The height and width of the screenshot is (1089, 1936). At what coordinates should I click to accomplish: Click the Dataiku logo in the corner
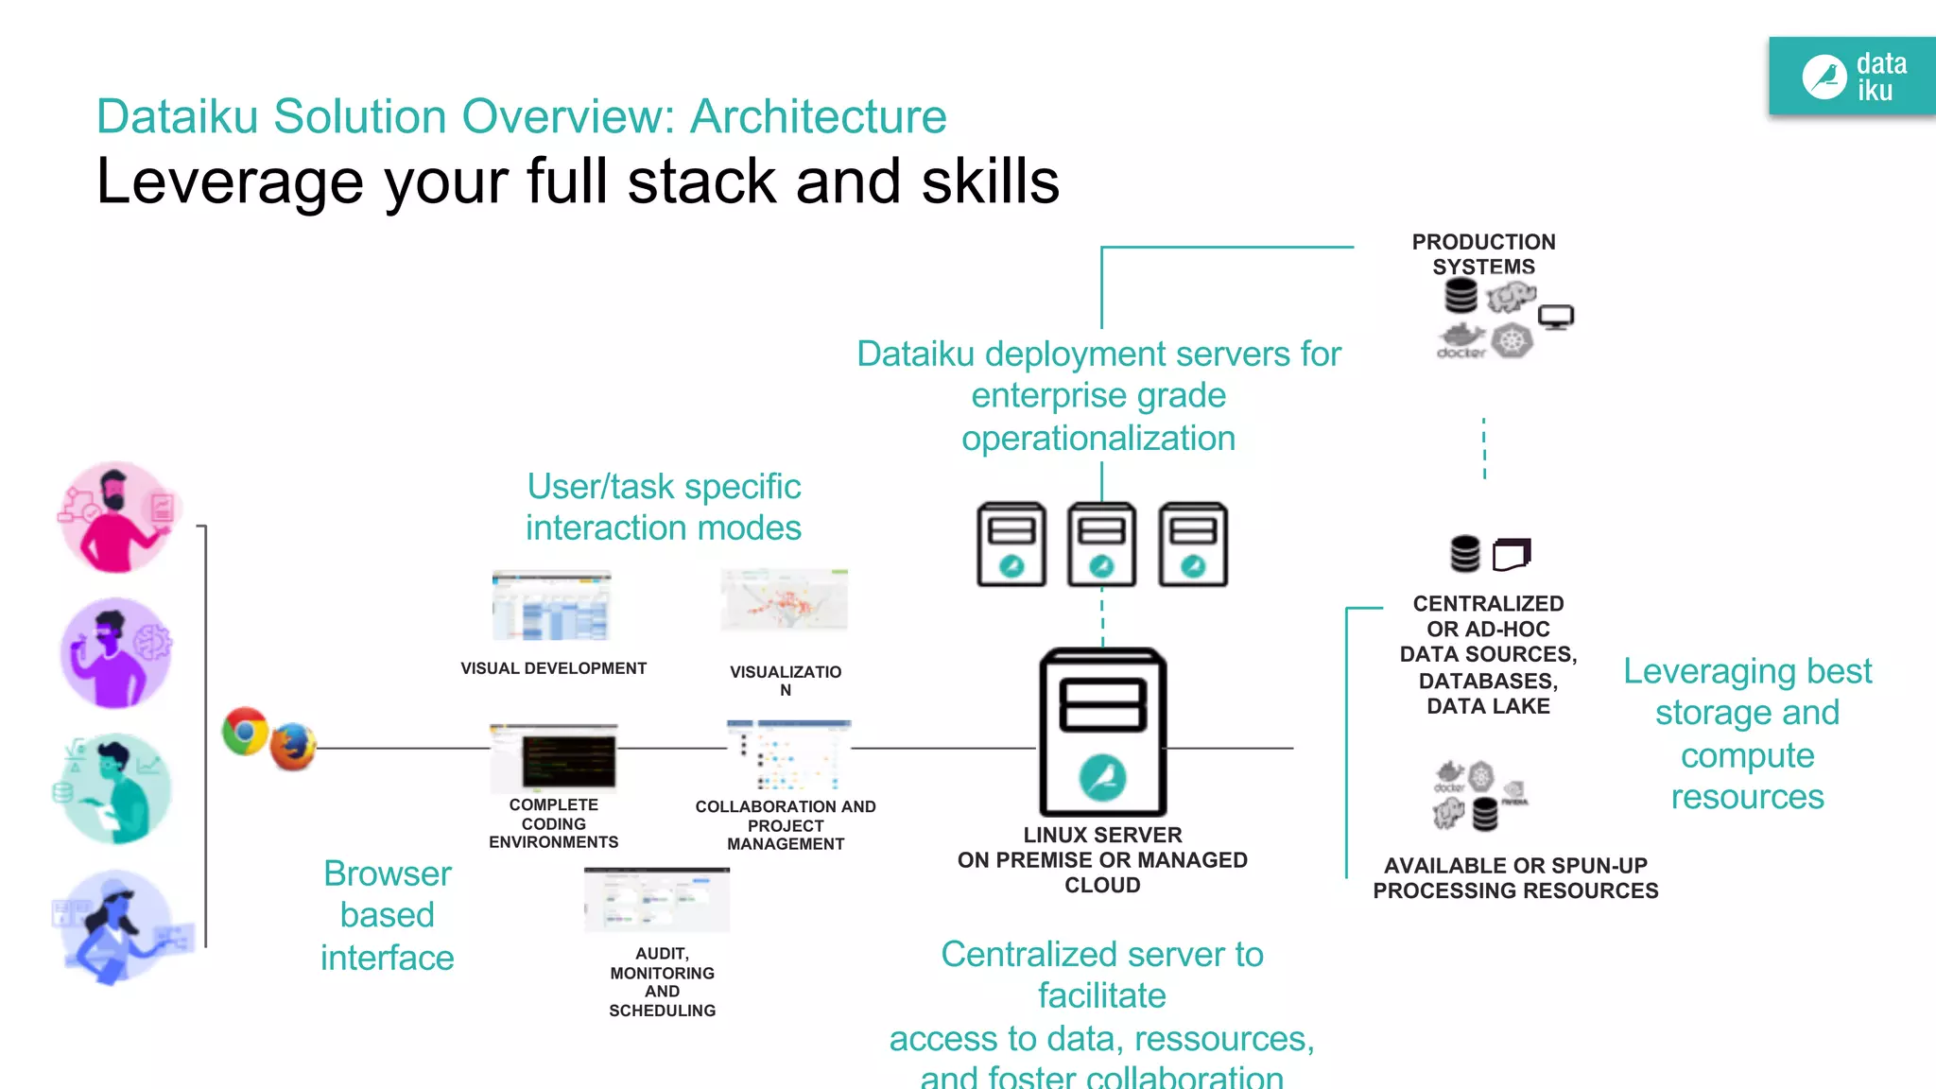click(1851, 78)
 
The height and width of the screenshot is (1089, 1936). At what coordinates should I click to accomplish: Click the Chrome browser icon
click(245, 731)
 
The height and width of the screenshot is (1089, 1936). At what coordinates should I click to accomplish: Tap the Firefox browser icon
click(293, 746)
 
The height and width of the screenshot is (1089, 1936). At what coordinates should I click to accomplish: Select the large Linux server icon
click(1102, 733)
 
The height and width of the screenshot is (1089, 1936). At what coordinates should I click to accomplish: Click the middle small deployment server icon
click(1101, 544)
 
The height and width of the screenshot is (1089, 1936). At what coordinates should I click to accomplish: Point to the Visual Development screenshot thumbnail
click(552, 607)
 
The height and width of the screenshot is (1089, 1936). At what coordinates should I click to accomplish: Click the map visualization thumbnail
click(785, 600)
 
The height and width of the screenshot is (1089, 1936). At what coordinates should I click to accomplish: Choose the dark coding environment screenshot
click(554, 757)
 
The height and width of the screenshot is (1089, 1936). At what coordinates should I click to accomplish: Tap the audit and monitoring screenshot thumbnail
click(657, 900)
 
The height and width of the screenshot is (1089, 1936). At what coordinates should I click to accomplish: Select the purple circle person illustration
click(116, 653)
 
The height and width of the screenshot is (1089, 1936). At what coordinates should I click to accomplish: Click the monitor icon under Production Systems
click(1555, 317)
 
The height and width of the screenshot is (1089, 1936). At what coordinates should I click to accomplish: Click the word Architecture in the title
click(818, 117)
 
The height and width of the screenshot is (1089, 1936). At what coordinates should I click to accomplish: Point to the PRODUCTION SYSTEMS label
click(1483, 254)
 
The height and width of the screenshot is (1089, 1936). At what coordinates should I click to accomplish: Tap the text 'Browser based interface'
click(387, 915)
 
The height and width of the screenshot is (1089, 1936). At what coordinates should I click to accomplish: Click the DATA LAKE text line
click(1488, 706)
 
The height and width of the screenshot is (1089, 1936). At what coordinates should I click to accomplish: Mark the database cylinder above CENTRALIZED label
click(1464, 554)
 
